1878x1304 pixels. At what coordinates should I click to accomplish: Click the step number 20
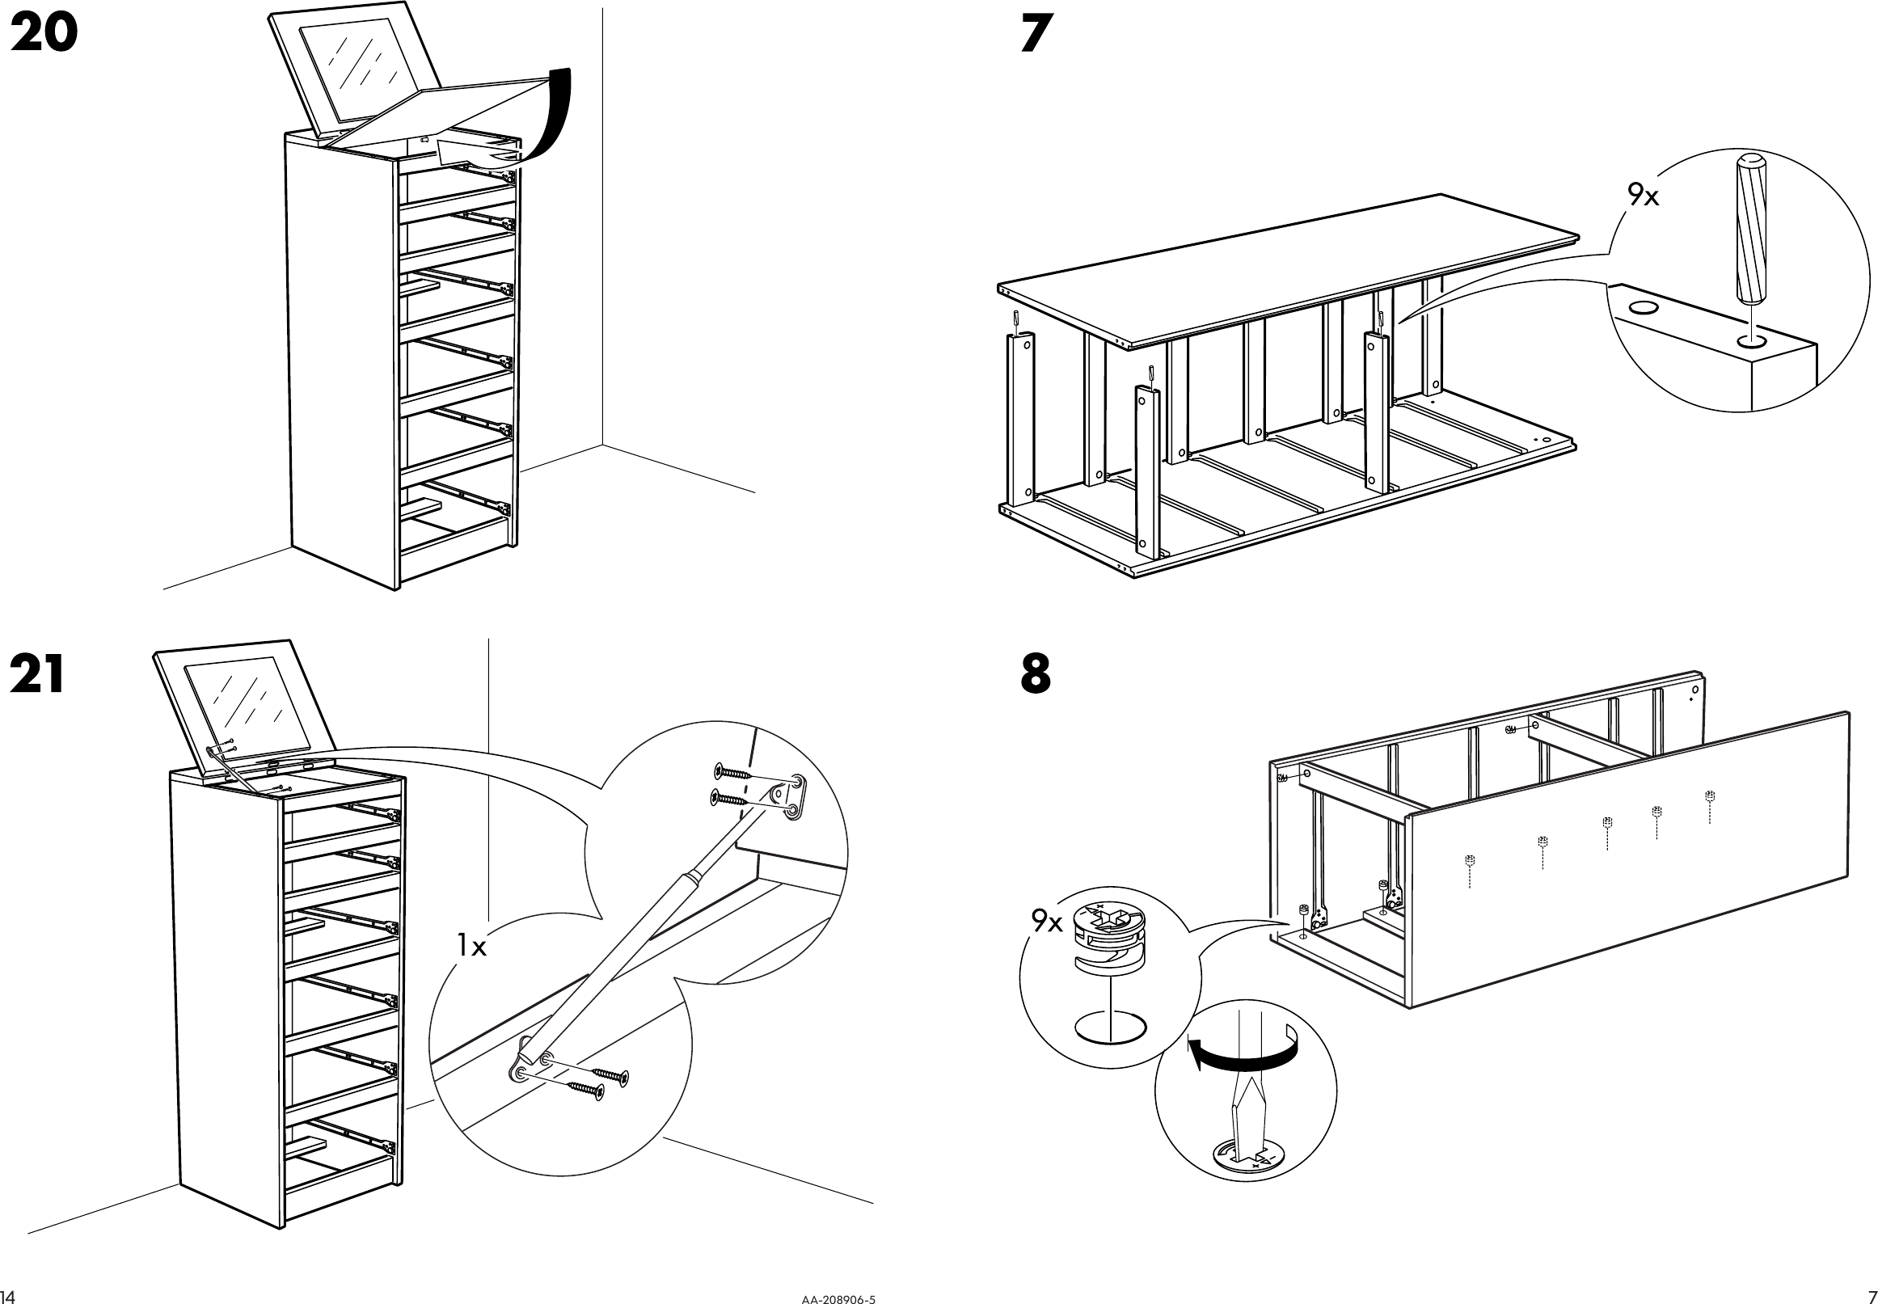point(44,35)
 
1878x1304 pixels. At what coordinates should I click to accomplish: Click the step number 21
point(37,676)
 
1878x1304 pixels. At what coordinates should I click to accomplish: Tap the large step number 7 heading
point(1036,35)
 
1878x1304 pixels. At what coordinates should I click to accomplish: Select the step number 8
point(1036,676)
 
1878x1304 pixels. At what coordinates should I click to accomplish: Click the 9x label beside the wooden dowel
point(1643,196)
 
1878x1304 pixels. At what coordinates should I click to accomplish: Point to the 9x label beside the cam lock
point(1046,922)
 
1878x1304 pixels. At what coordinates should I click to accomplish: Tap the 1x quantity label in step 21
point(472,947)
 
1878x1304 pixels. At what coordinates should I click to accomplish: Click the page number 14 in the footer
point(9,1295)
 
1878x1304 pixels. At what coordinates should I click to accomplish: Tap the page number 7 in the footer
point(1868,1295)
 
